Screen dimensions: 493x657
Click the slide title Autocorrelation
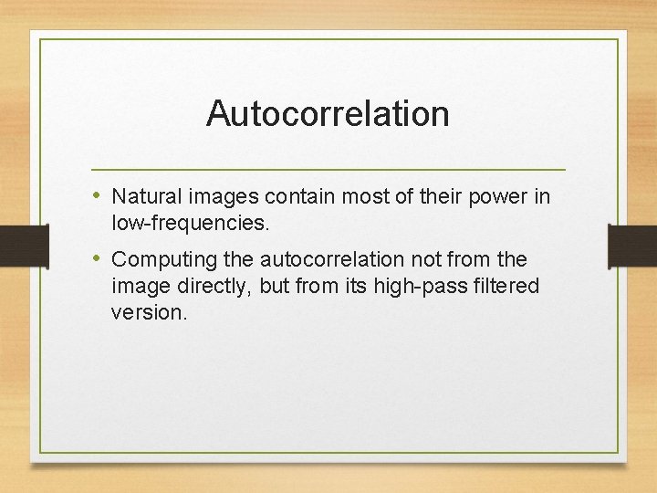pyautogui.click(x=328, y=114)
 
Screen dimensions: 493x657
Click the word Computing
pyautogui.click(x=157, y=260)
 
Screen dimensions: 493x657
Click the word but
pyautogui.click(x=274, y=287)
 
